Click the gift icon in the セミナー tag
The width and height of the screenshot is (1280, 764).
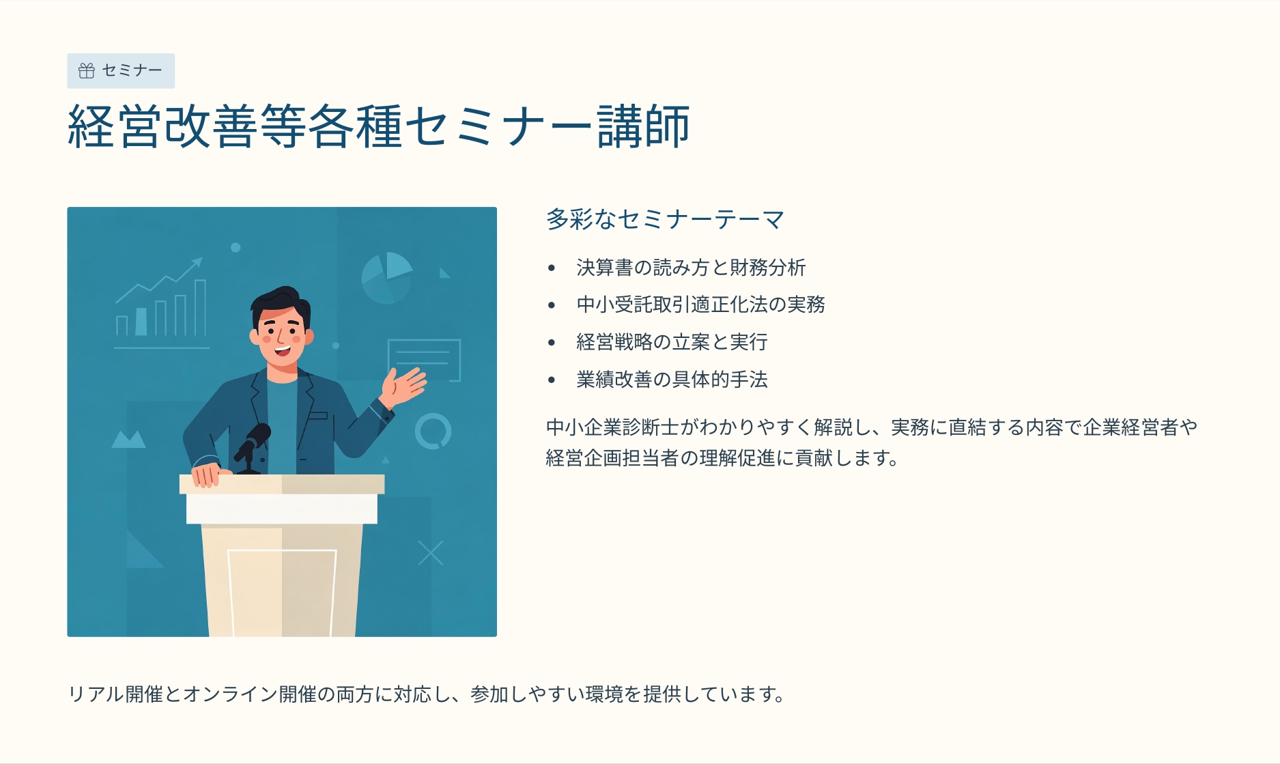point(87,71)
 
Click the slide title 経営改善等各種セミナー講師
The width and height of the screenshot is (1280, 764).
point(379,127)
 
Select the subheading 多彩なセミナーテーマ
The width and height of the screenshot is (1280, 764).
point(665,219)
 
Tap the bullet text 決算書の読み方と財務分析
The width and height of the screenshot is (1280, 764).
point(691,268)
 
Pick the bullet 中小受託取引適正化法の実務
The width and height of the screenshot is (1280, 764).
point(701,305)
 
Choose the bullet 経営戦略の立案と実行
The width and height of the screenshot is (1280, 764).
point(672,342)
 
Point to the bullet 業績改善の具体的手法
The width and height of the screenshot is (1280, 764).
point(672,380)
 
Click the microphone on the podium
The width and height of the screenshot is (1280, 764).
point(252,448)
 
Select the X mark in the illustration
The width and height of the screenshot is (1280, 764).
point(431,553)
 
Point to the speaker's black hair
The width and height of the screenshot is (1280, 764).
point(279,304)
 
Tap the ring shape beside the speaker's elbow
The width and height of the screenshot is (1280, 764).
point(433,414)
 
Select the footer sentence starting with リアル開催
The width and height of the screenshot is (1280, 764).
point(427,694)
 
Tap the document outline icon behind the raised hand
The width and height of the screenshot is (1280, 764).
point(424,359)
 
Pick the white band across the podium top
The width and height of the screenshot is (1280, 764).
point(282,509)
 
